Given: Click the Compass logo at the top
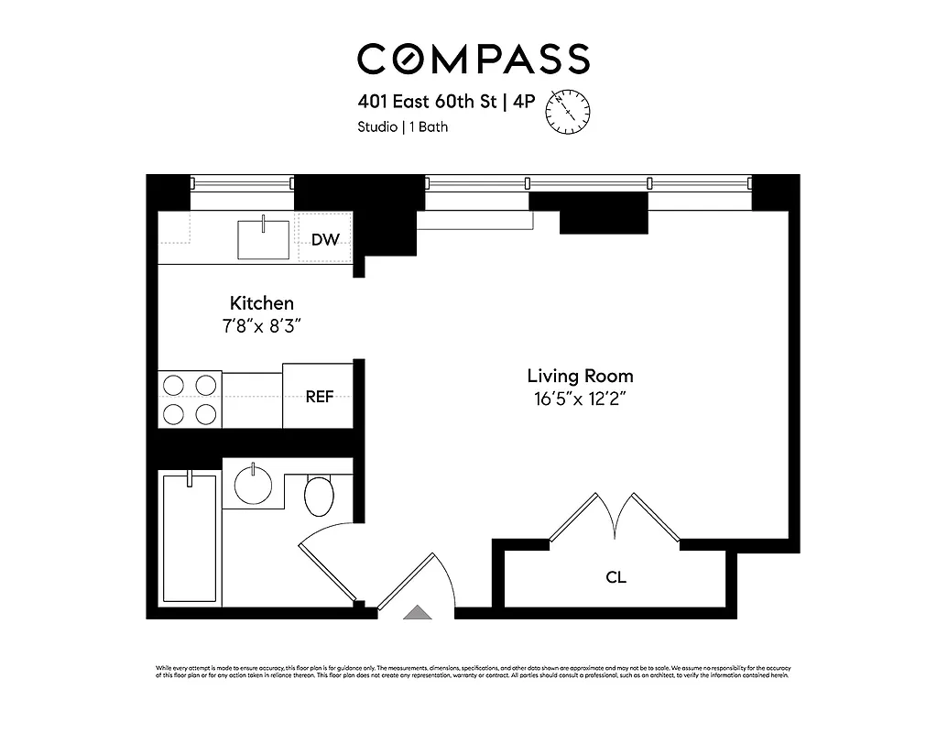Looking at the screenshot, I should tap(473, 59).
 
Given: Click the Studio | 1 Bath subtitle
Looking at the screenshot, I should tap(402, 127).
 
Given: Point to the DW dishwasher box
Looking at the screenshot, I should tap(325, 240).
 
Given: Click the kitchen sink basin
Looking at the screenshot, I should tap(263, 238).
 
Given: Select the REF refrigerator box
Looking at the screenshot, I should tap(319, 397).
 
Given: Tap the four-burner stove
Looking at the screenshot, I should tap(190, 399).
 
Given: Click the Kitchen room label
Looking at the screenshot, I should tap(261, 303).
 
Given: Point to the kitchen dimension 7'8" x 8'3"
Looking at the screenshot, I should tap(261, 325).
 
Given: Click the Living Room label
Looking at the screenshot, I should tap(579, 376).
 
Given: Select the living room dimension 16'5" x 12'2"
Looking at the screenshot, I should tap(579, 399).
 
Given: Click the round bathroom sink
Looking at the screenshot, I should tap(253, 483).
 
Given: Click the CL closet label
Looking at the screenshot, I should tap(616, 578).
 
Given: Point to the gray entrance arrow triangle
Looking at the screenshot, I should tap(417, 613).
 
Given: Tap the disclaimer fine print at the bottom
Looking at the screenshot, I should tap(473, 672).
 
